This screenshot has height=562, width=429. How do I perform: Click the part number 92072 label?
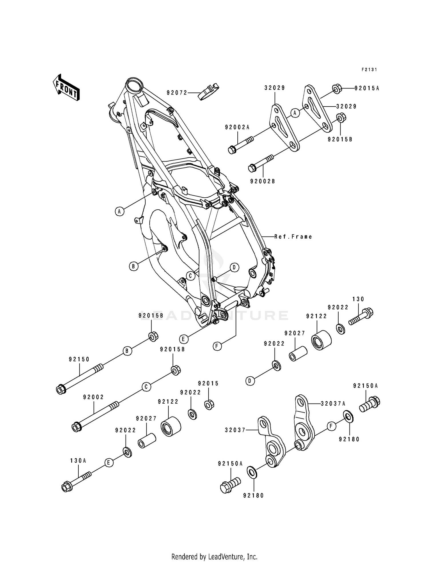point(177,93)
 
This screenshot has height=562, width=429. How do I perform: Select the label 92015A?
point(367,89)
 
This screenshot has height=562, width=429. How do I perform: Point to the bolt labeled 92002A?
point(241,145)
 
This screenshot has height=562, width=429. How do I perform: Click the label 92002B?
point(262,181)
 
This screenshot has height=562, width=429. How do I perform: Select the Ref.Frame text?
point(293,237)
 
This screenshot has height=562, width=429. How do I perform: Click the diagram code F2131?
point(369,70)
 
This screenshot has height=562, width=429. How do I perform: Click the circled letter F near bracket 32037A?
point(331,427)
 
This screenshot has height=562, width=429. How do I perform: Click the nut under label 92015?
point(209,405)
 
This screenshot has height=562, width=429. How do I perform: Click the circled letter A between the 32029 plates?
point(295,113)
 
